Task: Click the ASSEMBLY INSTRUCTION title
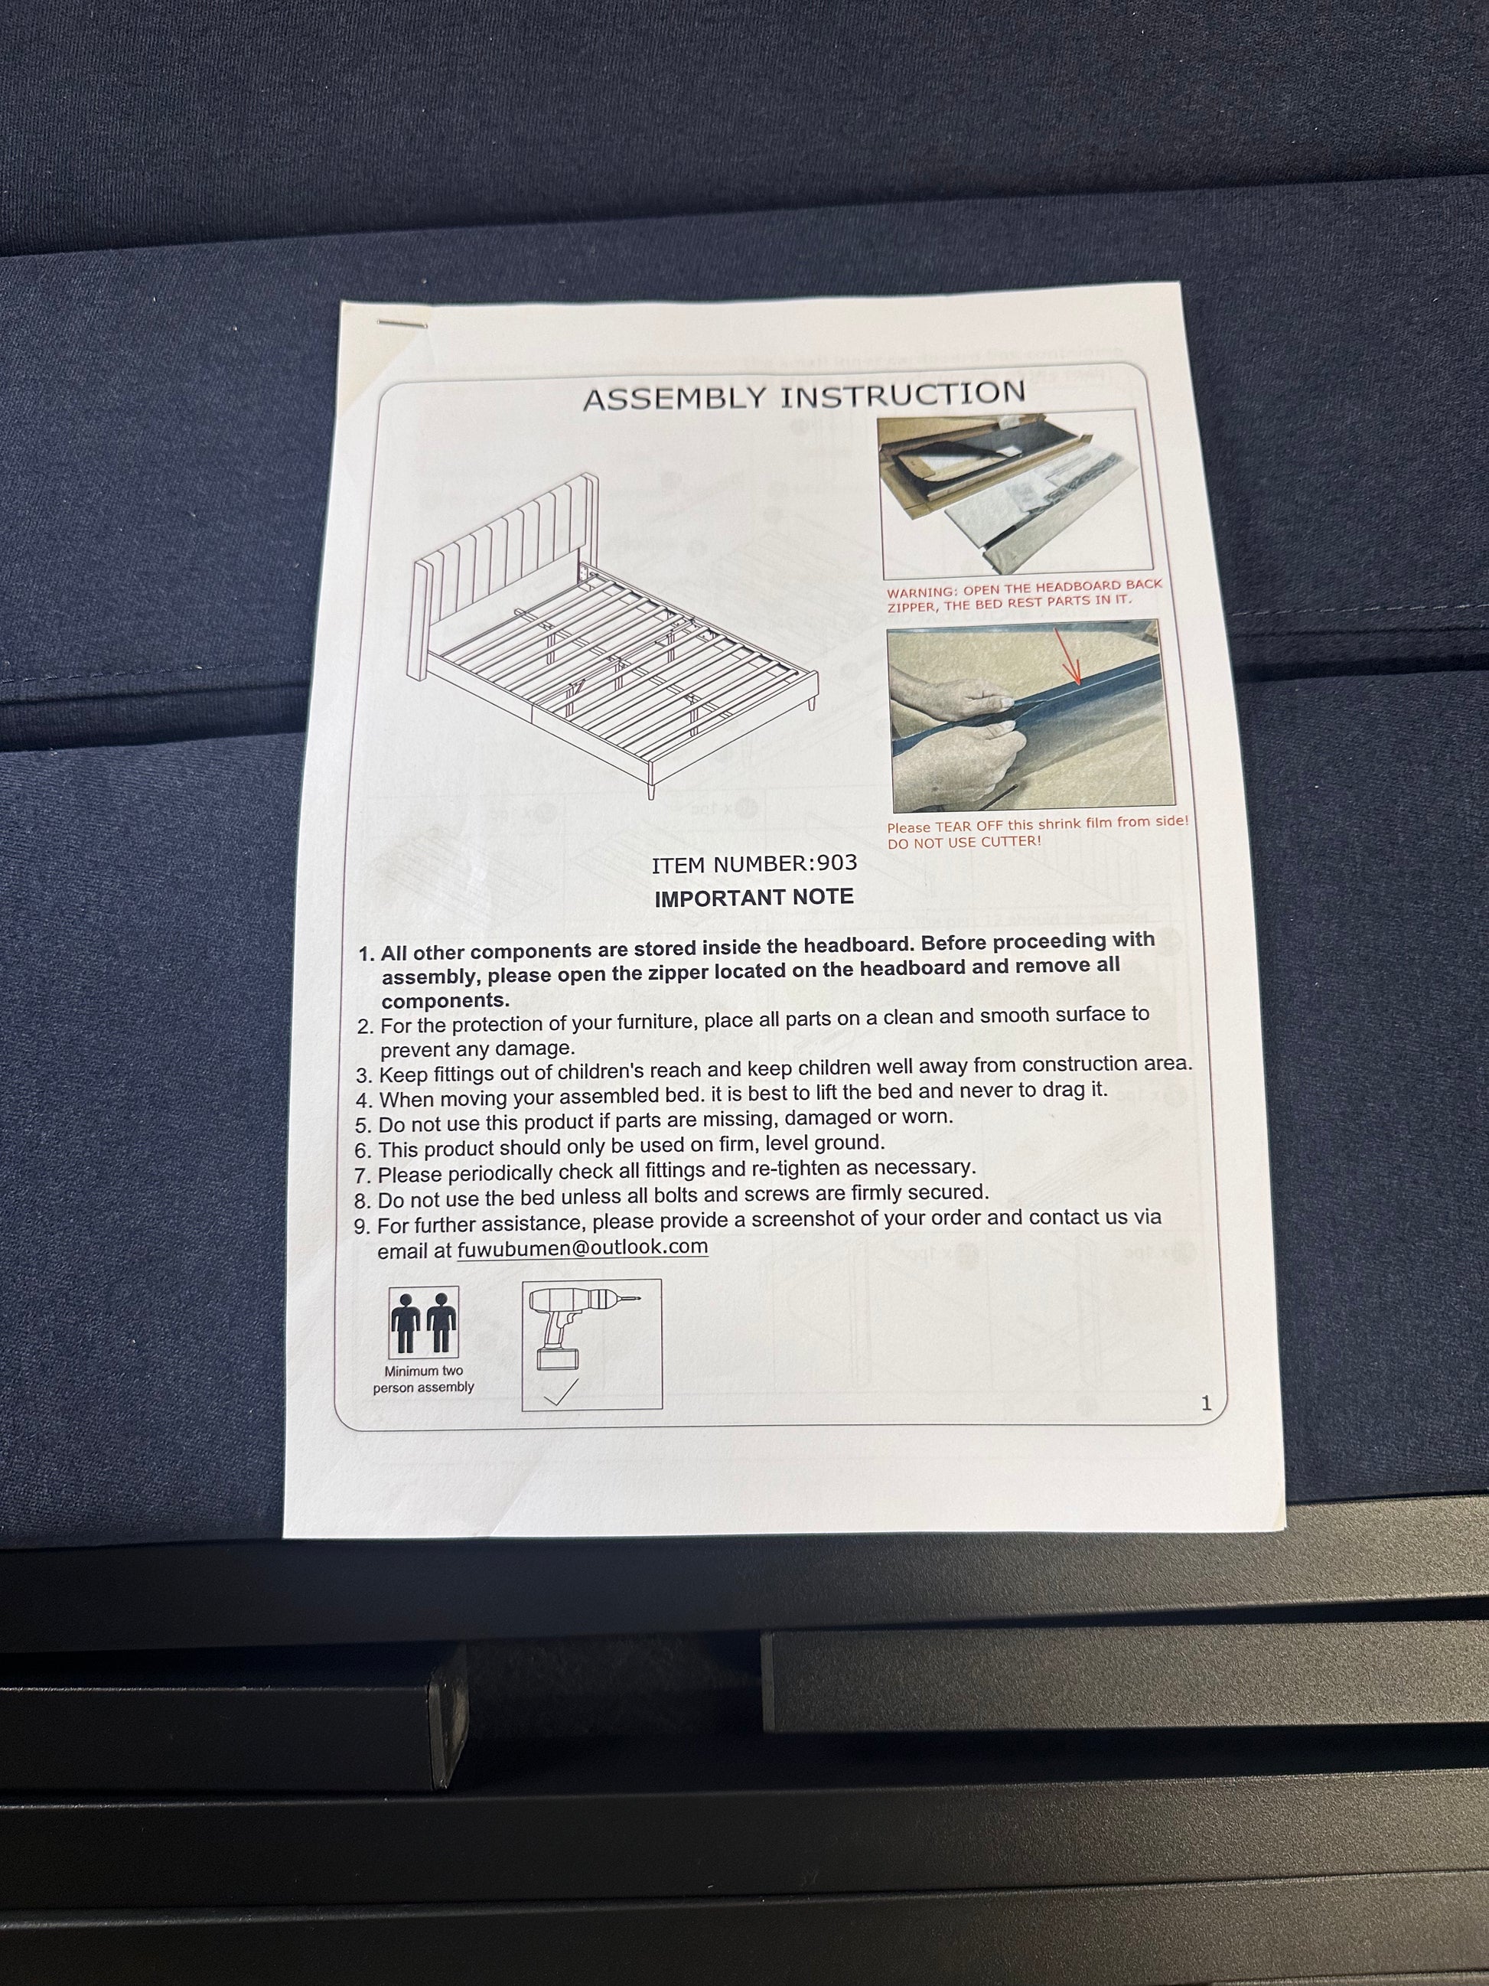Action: pyautogui.click(x=804, y=396)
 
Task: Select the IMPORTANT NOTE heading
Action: pyautogui.click(x=754, y=898)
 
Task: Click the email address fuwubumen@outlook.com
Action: pyautogui.click(x=582, y=1248)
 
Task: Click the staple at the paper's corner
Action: pyautogui.click(x=401, y=322)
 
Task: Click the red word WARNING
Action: pyautogui.click(x=922, y=592)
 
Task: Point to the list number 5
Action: pyautogui.click(x=363, y=1126)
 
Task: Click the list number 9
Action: pyautogui.click(x=362, y=1227)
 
